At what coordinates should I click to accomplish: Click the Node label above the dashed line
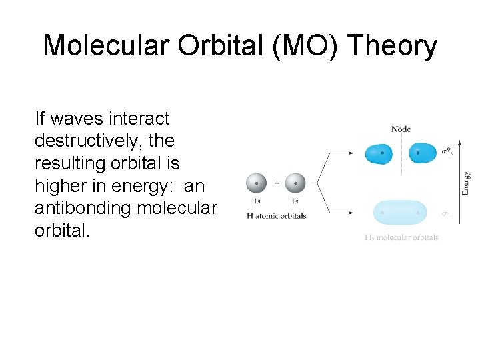coord(401,129)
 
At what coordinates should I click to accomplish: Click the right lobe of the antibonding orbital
coord(421,153)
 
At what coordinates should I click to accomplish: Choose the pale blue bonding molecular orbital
coord(400,213)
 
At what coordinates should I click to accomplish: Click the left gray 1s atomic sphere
coord(257,183)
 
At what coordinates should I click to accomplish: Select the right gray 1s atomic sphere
coord(295,183)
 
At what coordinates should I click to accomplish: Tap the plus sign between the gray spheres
coord(276,183)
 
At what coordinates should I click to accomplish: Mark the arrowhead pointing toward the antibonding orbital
coord(351,153)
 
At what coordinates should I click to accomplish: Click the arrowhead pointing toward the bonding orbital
coord(351,213)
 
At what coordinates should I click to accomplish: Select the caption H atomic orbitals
coord(276,215)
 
